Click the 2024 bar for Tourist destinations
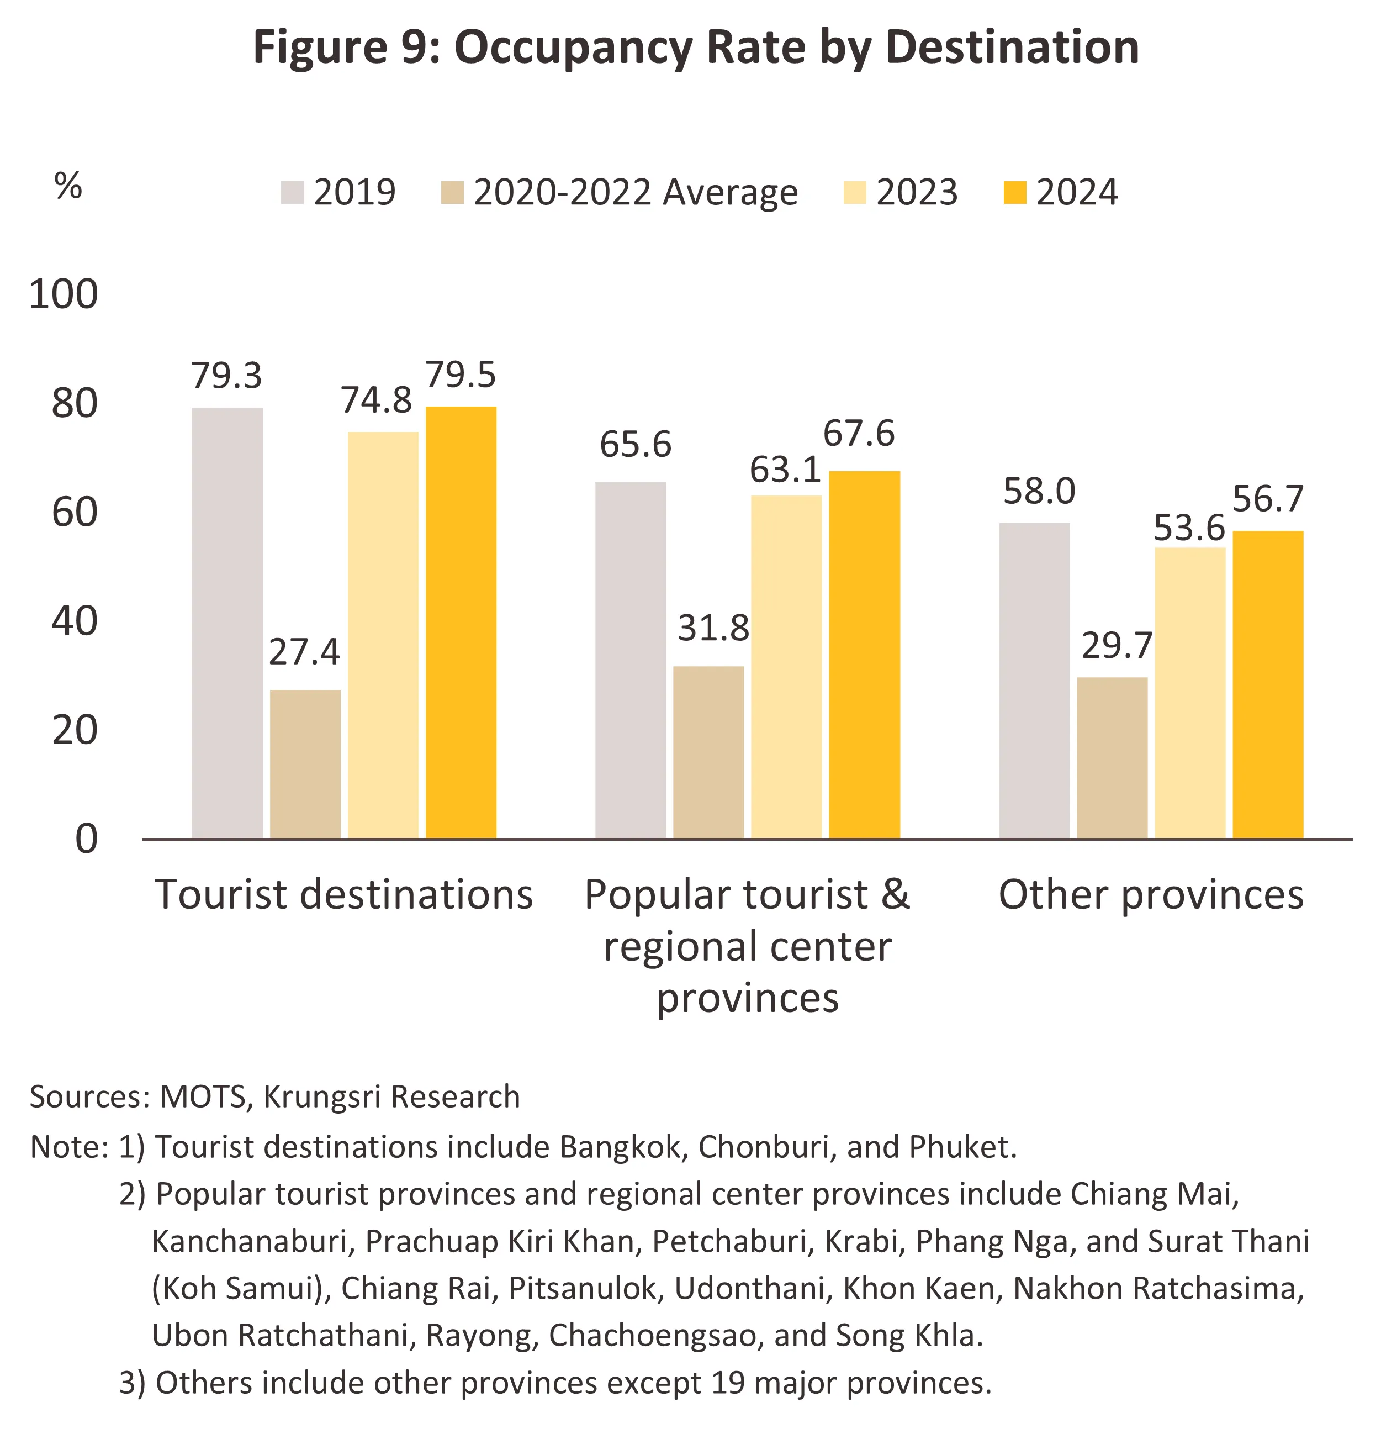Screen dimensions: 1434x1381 pos(461,622)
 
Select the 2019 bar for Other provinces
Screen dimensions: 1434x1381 pos(1034,681)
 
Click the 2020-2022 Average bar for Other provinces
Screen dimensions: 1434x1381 pos(1112,757)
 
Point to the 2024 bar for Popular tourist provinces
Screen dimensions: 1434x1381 pos(864,654)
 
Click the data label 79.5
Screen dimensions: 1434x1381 pos(461,375)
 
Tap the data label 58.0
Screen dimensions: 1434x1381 pos(1039,492)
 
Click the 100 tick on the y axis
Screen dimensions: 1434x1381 pos(64,295)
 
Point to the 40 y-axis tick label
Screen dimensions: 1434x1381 pos(74,622)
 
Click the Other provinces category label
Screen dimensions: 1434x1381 pos(1151,895)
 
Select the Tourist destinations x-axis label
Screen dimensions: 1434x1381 pos(344,895)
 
